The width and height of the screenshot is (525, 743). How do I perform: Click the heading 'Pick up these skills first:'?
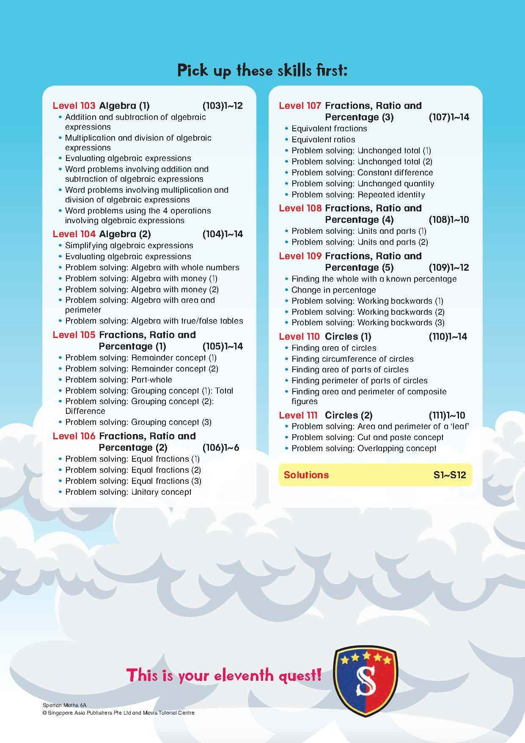[x=262, y=70]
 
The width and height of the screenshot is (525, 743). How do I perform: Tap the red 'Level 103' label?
[x=74, y=106]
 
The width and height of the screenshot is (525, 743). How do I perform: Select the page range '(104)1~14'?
[x=223, y=234]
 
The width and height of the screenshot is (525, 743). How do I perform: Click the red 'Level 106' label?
[x=74, y=436]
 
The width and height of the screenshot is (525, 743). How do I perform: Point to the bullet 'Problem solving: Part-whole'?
[x=118, y=380]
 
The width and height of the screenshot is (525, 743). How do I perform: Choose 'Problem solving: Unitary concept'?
[x=128, y=492]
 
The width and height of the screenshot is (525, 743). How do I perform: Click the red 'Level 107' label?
[x=300, y=106]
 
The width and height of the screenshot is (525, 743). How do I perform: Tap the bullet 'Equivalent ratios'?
[x=323, y=140]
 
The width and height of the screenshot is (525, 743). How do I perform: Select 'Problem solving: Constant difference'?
[x=362, y=173]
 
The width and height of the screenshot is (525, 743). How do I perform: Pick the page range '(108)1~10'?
[x=449, y=220]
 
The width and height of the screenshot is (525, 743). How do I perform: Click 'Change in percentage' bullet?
[x=333, y=290]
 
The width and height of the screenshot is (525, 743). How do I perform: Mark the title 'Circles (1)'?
[x=348, y=337]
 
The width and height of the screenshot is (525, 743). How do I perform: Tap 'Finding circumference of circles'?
[x=352, y=359]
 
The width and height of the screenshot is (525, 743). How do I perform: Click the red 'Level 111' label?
[x=299, y=416]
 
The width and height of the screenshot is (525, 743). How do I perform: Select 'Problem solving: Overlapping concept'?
[x=364, y=449]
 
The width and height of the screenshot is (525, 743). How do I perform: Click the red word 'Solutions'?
[x=306, y=475]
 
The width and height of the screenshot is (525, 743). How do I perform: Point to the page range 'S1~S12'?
[x=450, y=475]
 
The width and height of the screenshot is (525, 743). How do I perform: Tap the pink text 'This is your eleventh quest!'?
[x=224, y=675]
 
